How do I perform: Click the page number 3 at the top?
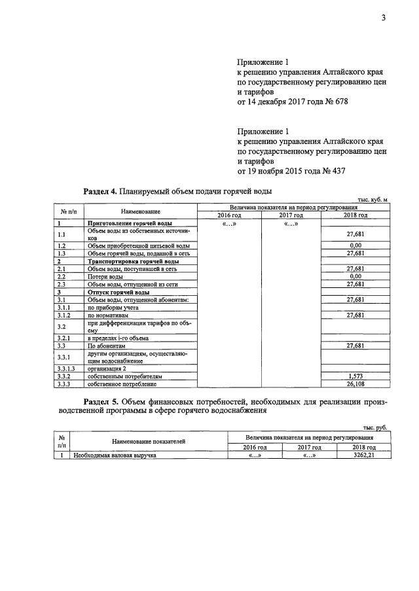tap(384, 18)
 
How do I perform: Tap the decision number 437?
tap(337, 171)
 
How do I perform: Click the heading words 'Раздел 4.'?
tap(100, 191)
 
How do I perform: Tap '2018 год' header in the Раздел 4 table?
tap(355, 215)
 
